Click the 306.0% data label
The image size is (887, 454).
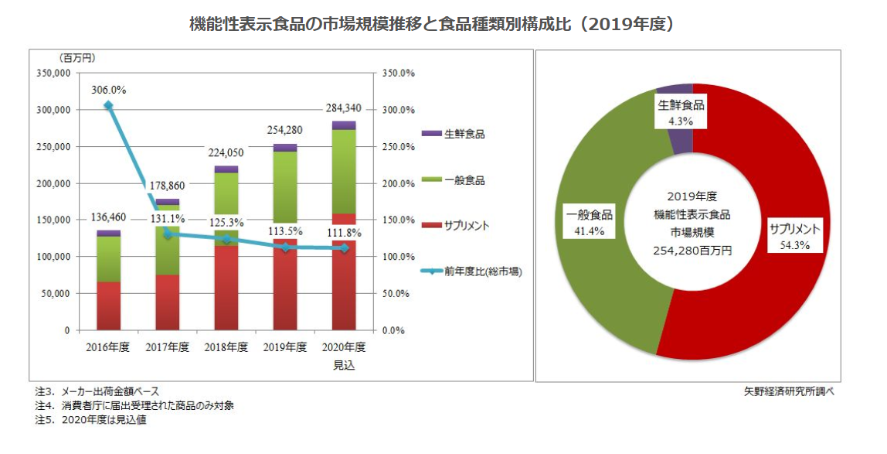pos(109,90)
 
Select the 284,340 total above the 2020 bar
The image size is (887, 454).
pos(343,109)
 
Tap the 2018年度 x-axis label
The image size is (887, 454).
pos(226,347)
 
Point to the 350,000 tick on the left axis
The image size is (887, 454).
pos(53,73)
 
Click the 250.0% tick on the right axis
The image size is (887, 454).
pos(398,147)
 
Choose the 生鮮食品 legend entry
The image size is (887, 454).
pos(453,134)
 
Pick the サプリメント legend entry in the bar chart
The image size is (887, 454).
pos(455,226)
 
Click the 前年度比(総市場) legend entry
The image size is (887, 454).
pos(472,271)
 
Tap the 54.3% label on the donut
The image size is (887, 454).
pos(795,245)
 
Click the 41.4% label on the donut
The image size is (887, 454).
pos(590,231)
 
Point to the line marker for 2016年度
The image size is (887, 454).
pos(108,105)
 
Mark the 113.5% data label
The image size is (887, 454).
pos(285,231)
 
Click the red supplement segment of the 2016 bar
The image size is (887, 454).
pos(109,306)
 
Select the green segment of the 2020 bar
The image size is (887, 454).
pos(344,172)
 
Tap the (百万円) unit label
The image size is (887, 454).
pos(76,58)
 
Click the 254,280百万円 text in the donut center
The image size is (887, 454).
pos(692,251)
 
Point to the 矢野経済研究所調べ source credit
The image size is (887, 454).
pos(789,391)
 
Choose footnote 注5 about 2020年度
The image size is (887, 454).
pos(90,421)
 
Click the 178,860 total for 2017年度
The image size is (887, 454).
pos(168,186)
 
